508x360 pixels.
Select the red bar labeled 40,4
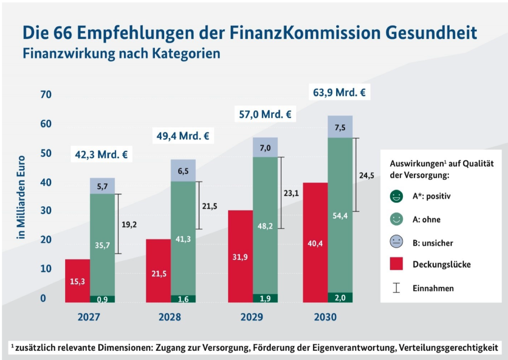click(315, 243)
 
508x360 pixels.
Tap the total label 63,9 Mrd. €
click(339, 92)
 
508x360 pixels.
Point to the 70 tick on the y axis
click(45, 94)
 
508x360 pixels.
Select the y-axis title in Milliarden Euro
click(22, 197)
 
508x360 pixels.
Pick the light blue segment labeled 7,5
click(340, 127)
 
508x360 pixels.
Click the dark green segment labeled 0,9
click(102, 299)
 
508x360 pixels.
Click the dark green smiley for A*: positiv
click(396, 197)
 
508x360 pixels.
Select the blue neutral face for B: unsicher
click(396, 243)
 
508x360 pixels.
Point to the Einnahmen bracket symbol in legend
click(396, 288)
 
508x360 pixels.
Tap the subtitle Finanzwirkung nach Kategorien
click(121, 54)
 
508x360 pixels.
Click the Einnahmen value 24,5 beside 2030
click(367, 175)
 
